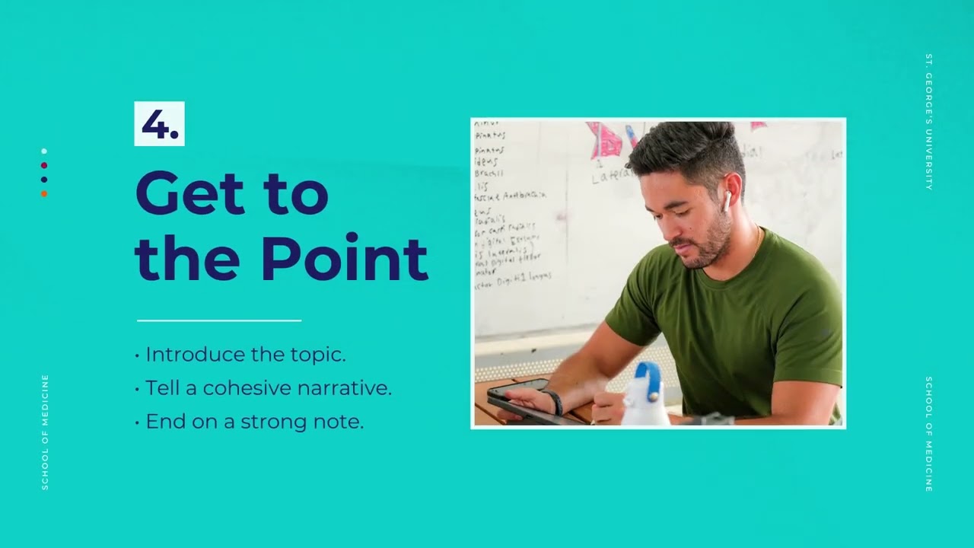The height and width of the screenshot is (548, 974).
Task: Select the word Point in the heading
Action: [344, 260]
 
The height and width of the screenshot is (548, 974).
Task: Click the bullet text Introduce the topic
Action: [245, 355]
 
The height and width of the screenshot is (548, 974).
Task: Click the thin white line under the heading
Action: [219, 320]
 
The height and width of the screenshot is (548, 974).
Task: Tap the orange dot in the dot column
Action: [44, 194]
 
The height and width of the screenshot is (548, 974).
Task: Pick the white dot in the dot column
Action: [44, 151]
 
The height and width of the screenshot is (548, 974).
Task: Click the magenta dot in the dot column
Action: [44, 165]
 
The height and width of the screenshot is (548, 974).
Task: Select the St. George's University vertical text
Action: [928, 122]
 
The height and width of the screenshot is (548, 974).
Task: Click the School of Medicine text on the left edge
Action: [45, 432]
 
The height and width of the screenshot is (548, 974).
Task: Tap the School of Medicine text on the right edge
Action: [928, 434]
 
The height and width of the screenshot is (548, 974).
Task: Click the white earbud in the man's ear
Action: [727, 200]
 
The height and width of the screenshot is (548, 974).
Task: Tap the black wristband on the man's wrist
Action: [554, 401]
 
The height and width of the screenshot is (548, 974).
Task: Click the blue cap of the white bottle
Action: [648, 378]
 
